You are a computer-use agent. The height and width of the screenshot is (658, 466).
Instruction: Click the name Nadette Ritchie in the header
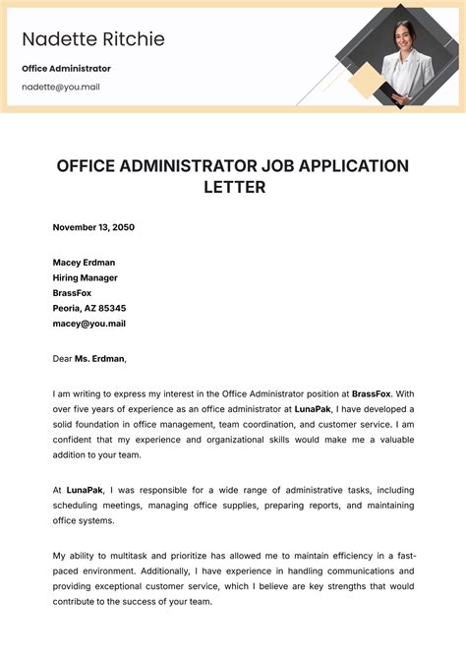tap(93, 39)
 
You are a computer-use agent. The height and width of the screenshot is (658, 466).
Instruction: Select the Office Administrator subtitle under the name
tap(66, 69)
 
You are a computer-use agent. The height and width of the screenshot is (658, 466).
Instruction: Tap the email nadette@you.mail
tap(61, 87)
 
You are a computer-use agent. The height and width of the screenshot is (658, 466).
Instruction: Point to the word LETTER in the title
tap(233, 187)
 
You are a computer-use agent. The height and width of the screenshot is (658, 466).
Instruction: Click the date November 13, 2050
tap(93, 227)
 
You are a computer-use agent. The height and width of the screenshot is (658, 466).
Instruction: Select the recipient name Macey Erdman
tap(84, 263)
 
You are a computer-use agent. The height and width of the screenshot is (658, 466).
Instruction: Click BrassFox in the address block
tap(73, 293)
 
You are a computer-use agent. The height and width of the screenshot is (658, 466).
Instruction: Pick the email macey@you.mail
tap(88, 324)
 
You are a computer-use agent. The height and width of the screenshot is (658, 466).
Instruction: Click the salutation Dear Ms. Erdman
tap(90, 359)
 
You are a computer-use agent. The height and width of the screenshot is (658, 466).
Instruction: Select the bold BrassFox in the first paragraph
tap(371, 393)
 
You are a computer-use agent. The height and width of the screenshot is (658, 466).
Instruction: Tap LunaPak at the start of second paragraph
tap(85, 489)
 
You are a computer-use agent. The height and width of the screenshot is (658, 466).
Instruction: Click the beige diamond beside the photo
tap(366, 83)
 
